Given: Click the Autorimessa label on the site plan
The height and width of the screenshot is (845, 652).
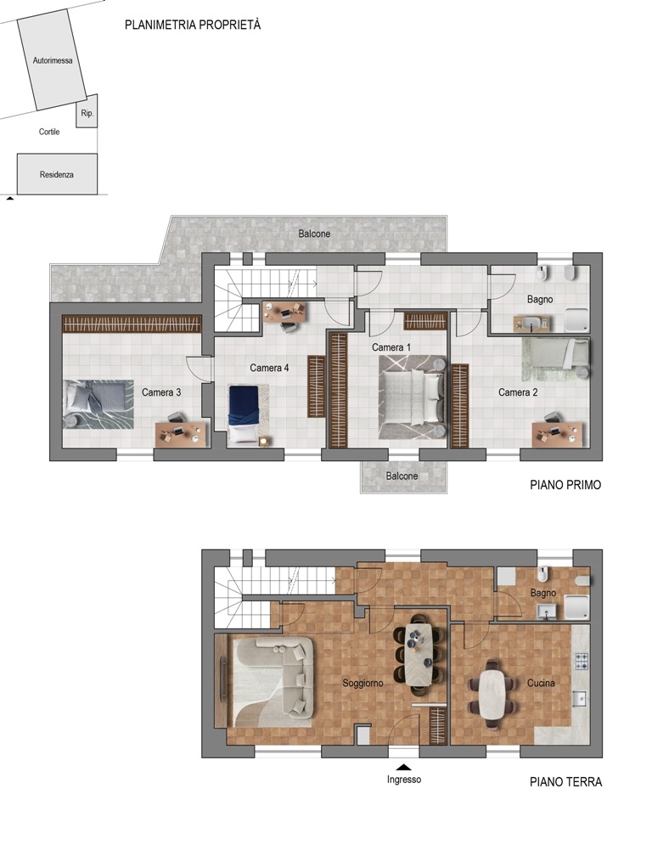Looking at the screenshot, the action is coord(53,60).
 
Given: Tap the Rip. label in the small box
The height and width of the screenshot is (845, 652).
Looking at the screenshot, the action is coord(87,113).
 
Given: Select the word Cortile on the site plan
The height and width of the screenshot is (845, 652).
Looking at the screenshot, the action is coord(49,132).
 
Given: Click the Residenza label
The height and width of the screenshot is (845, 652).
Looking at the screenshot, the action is coord(57,175).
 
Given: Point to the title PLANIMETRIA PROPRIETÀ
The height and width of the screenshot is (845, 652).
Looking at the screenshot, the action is coord(193,25).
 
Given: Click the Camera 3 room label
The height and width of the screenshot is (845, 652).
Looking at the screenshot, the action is coord(161,392).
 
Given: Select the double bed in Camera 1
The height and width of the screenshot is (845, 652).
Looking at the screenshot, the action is coord(413,397).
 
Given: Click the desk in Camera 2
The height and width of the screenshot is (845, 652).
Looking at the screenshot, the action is coord(557,434).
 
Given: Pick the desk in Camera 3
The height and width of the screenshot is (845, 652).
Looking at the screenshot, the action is coord(181,434).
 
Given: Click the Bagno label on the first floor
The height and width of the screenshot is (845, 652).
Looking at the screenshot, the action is coord(540,299).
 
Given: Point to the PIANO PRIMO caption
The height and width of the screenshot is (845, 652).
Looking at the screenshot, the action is coord(565,485).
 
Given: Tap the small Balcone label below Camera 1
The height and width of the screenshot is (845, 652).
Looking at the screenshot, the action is coord(402,476).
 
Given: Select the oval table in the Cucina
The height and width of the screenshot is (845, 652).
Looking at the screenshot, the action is coord(493,694).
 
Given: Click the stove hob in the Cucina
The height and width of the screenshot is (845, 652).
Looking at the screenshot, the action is coord(582,662).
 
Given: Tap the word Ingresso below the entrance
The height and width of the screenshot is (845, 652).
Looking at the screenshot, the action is coord(404,780).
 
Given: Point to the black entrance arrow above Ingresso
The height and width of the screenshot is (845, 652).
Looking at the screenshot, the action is coord(404,768).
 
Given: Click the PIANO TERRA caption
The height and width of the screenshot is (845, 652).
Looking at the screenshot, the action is coord(565,782).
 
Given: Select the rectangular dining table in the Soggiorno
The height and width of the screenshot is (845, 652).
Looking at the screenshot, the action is coord(419,655).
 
